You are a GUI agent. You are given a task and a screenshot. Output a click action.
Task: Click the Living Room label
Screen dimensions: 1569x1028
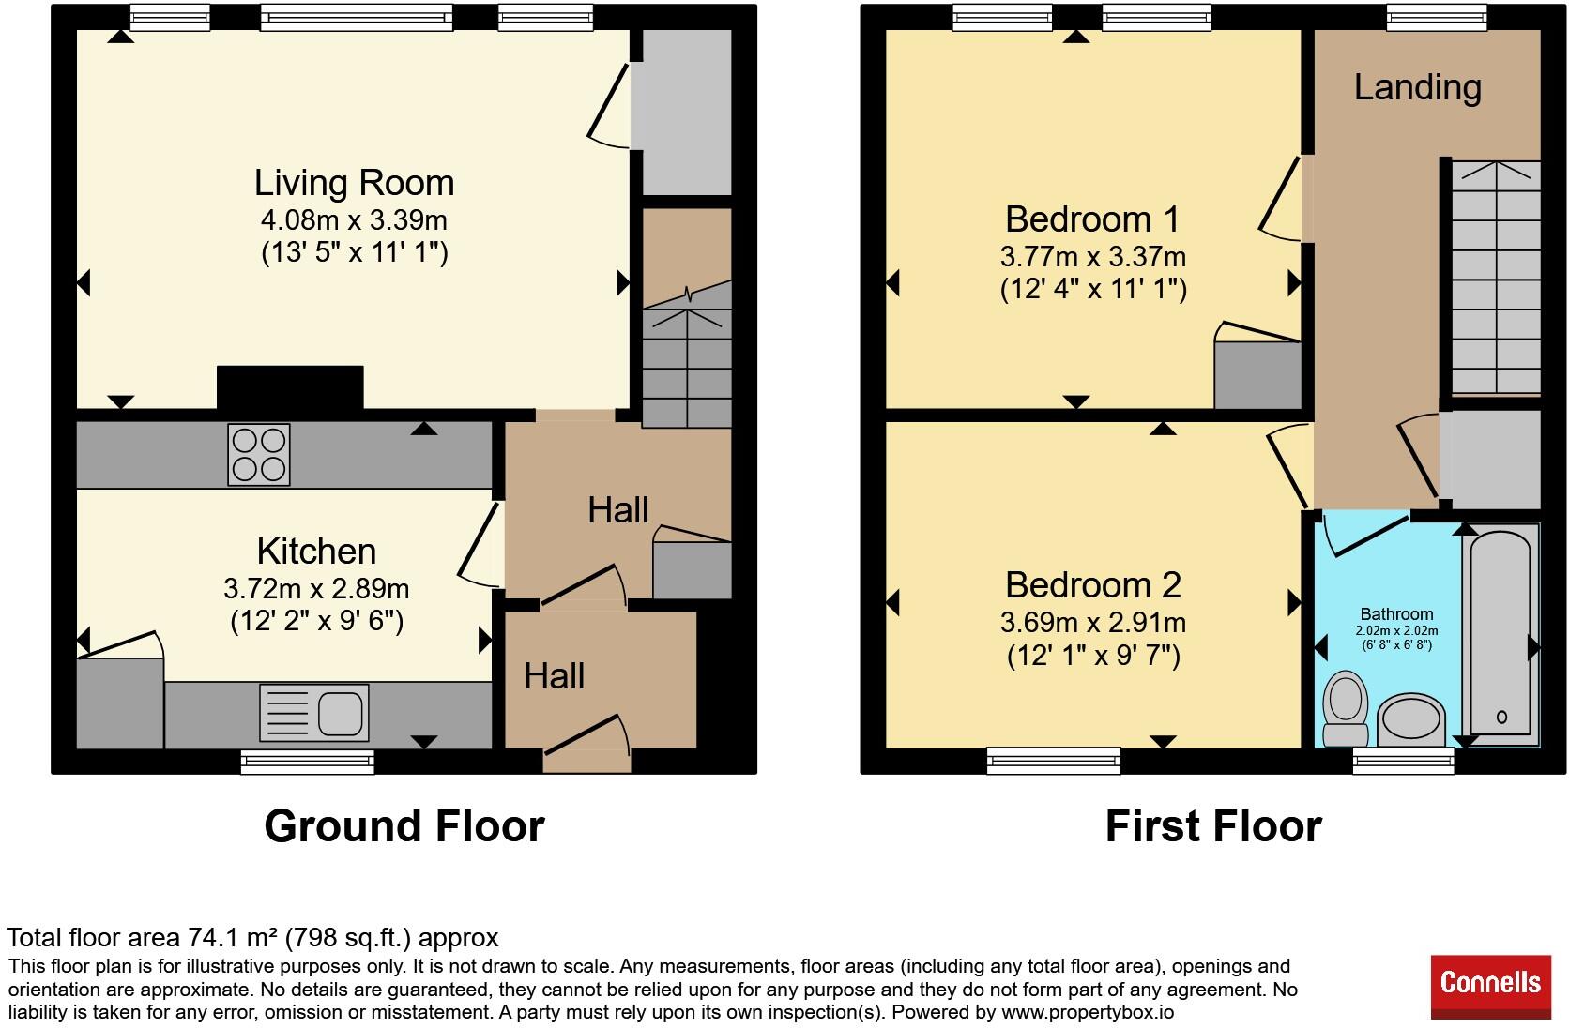click(x=354, y=184)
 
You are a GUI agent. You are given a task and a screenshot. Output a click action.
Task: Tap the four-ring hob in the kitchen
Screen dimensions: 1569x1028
click(x=258, y=455)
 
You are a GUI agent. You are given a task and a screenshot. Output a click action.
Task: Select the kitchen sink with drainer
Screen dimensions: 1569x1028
click(x=313, y=713)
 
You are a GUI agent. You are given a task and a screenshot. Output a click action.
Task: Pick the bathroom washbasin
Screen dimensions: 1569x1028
click(x=1411, y=720)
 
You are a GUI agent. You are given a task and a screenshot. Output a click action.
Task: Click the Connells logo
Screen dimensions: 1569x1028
click(x=1490, y=986)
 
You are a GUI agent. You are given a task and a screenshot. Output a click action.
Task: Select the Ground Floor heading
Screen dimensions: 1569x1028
click(x=404, y=826)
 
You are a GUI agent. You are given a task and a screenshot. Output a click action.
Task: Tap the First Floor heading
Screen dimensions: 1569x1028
click(x=1213, y=826)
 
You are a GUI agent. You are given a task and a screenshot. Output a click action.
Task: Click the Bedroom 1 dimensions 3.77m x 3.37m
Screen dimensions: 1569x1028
click(x=1092, y=257)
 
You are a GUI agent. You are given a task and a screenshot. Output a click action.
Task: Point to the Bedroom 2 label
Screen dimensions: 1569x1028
click(x=1092, y=584)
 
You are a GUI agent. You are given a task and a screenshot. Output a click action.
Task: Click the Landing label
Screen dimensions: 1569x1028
click(x=1418, y=87)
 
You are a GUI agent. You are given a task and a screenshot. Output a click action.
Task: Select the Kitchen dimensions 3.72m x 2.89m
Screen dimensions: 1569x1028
click(x=316, y=589)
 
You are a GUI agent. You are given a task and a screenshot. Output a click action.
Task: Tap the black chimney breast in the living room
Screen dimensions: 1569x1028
click(x=290, y=387)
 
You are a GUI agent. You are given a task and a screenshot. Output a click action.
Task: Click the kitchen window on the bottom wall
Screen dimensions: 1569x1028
click(x=308, y=762)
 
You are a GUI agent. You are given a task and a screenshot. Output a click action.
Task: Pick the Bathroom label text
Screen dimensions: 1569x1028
click(x=1396, y=614)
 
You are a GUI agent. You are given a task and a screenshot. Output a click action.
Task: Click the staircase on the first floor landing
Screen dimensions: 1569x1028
click(x=1496, y=278)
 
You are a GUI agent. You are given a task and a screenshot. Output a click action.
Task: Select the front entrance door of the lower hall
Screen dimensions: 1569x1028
click(x=587, y=744)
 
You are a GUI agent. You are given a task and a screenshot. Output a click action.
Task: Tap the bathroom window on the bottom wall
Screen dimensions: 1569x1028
click(x=1404, y=762)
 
